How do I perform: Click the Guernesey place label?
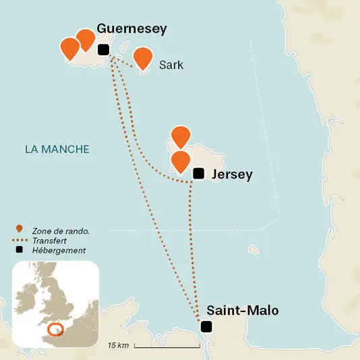131,28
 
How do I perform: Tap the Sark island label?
171,65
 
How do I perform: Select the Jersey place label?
232,175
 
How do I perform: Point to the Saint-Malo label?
242,311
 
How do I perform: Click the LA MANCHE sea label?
57,149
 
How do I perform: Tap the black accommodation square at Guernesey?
103,49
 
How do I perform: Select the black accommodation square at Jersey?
198,173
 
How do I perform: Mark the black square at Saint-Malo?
206,327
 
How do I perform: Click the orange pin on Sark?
142,58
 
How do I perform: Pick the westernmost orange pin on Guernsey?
69,48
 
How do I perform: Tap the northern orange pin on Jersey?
180,136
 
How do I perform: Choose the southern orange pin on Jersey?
180,161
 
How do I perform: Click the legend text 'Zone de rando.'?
61,231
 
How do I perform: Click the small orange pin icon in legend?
20,229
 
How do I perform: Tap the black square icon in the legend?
20,250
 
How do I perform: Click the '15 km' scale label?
118,346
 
